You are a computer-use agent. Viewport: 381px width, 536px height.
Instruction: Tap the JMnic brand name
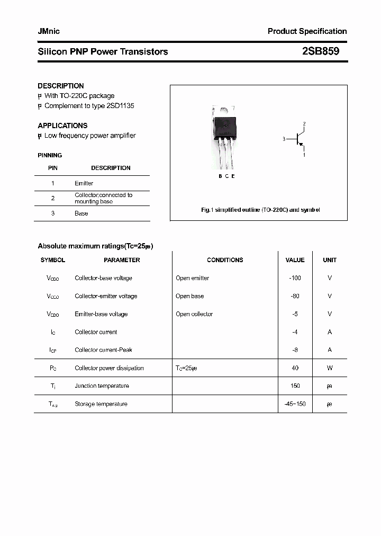point(49,31)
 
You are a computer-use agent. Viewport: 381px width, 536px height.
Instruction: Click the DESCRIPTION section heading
point(61,86)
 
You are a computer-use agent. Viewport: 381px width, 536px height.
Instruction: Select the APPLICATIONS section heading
point(62,126)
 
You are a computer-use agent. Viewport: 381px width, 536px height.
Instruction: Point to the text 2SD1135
point(120,106)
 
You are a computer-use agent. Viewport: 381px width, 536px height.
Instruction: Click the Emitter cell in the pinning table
point(84,183)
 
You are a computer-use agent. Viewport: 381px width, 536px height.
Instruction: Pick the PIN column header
point(53,168)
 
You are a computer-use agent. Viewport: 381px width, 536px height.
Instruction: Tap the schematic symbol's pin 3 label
point(284,139)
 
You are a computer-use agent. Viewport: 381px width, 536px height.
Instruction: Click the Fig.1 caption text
point(260,210)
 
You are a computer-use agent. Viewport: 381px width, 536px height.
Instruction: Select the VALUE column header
point(295,260)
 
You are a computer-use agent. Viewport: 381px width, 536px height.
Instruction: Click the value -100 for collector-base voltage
point(295,278)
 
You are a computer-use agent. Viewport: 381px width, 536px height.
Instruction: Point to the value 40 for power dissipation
point(295,368)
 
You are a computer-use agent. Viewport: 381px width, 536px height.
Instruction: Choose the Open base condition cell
point(189,296)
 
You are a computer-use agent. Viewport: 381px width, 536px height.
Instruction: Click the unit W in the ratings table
point(330,368)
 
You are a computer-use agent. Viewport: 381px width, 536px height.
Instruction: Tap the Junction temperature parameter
point(102,386)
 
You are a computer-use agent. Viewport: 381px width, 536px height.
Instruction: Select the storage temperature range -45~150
point(295,404)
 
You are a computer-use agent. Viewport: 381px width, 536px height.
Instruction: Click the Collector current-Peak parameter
point(103,350)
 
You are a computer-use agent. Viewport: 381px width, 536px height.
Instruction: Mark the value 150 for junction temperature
point(295,386)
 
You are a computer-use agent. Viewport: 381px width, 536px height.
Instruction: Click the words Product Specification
point(307,31)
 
